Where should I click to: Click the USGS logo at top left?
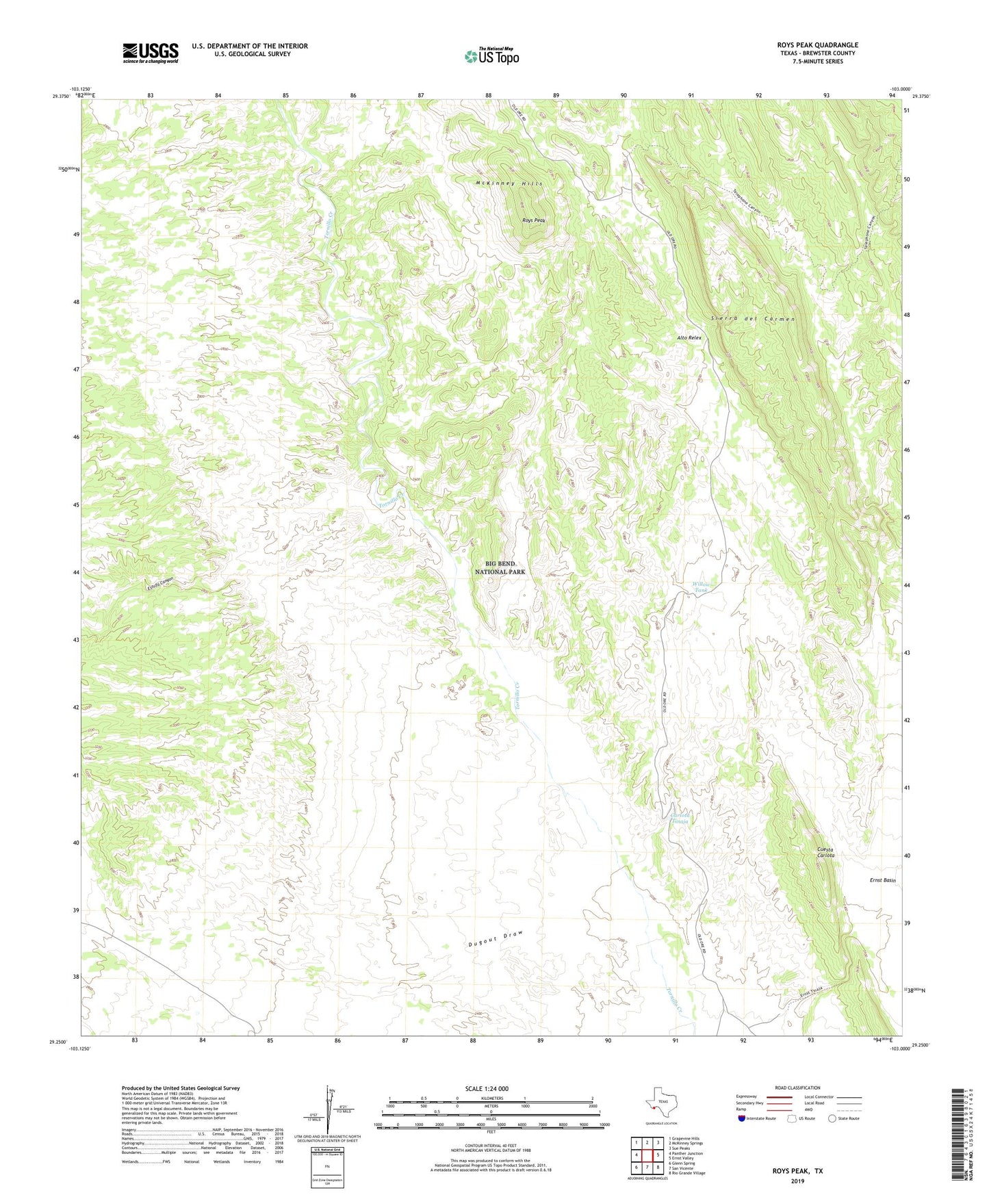click(151, 53)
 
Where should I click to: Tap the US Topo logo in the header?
click(491, 56)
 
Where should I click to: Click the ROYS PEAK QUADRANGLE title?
click(817, 45)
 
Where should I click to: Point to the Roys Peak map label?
click(533, 220)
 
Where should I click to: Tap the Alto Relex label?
click(689, 338)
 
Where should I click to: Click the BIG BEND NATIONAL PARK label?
click(500, 567)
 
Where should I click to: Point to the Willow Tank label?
click(702, 587)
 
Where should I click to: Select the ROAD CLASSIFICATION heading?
click(797, 1088)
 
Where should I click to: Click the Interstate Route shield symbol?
click(742, 1118)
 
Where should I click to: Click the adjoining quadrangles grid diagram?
click(647, 1155)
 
